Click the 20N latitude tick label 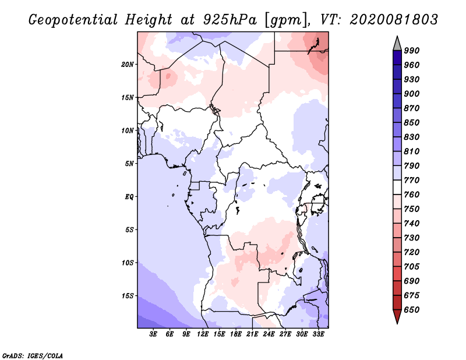pyautogui.click(x=128, y=64)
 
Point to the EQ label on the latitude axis pyautogui.click(x=129, y=197)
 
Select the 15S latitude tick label pyautogui.click(x=128, y=296)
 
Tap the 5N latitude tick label pyautogui.click(x=129, y=164)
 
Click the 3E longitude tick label pyautogui.click(x=154, y=335)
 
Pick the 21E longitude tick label pyautogui.click(x=252, y=335)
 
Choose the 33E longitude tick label pyautogui.click(x=318, y=335)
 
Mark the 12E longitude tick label pyautogui.click(x=203, y=335)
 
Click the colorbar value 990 pyautogui.click(x=412, y=51)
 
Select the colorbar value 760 pyautogui.click(x=412, y=195)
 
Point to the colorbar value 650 pyautogui.click(x=412, y=310)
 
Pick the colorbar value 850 pyautogui.click(x=412, y=123)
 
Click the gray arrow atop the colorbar pyautogui.click(x=397, y=43)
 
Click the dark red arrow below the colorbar pyautogui.click(x=397, y=316)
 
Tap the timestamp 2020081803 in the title pyautogui.click(x=394, y=20)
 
